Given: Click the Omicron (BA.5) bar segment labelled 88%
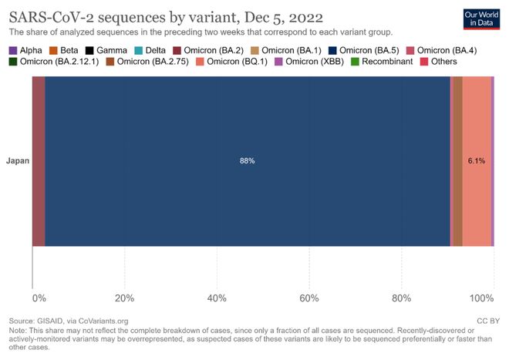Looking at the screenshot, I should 247,161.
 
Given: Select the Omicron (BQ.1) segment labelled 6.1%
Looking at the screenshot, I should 476,161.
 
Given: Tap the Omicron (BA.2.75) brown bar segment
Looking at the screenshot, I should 457,161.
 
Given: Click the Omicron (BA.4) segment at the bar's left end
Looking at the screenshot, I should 39,161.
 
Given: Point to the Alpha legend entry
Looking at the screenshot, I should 25,49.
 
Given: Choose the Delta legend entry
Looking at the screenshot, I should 154,49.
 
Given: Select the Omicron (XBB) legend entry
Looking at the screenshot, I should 304,61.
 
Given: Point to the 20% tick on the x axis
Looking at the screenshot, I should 124,298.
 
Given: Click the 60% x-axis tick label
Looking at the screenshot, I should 309,298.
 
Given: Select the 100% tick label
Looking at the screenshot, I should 483,298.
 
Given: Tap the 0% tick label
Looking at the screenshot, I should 38,298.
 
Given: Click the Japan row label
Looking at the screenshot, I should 18,161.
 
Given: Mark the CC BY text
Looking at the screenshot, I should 487,320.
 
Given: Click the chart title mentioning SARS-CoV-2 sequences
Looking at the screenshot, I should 166,16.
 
